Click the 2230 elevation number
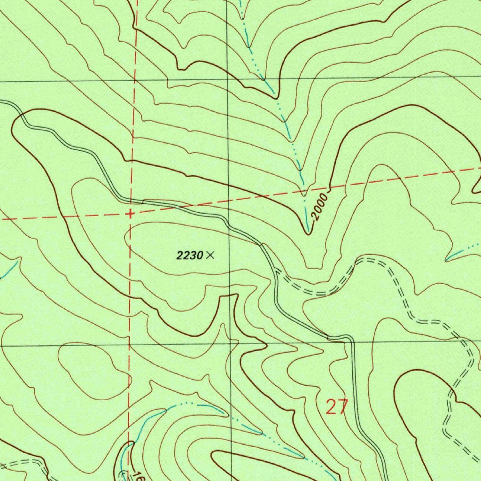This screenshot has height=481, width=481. click(189, 256)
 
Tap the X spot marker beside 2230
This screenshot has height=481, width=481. click(210, 255)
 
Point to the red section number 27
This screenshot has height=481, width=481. click(337, 407)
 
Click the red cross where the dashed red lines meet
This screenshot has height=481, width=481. click(130, 214)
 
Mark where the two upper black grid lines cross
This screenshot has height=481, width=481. click(228, 80)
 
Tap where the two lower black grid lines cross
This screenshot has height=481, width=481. click(231, 344)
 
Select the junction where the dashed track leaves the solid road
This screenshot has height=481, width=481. click(277, 272)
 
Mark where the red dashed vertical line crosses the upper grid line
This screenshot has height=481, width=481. click(134, 81)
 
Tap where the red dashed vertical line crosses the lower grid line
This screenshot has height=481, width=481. click(129, 345)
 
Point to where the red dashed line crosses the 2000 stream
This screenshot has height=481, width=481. click(304, 192)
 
